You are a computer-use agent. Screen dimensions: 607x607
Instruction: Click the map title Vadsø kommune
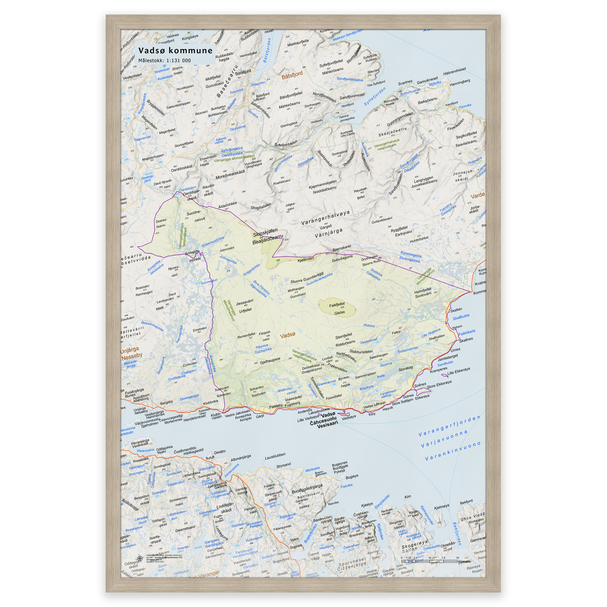click(x=175, y=51)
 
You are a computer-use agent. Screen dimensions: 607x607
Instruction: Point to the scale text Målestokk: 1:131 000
click(x=164, y=61)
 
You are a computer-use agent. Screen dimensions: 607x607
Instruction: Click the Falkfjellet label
click(x=337, y=305)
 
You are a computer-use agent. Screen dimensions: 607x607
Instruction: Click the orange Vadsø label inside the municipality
click(x=287, y=335)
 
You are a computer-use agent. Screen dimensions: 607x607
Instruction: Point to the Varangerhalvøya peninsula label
click(x=325, y=218)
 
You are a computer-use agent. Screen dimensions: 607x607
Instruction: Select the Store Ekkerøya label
click(x=439, y=384)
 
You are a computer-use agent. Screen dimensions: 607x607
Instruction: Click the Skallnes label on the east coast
click(x=466, y=340)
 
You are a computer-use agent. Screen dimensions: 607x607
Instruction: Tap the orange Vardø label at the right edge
click(x=477, y=196)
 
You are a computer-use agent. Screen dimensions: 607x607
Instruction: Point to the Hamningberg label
click(x=460, y=82)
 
